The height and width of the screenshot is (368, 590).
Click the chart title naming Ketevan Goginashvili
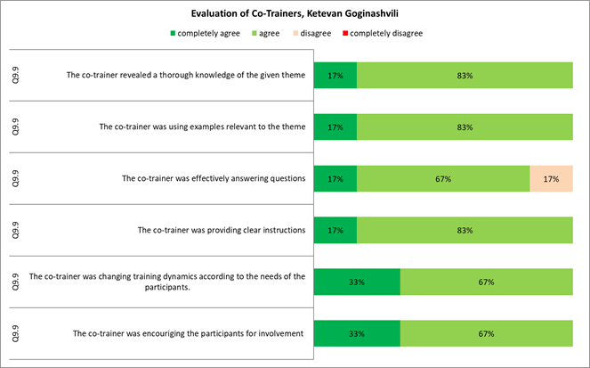295,14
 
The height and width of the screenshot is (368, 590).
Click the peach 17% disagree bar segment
551,178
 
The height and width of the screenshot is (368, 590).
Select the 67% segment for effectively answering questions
443,178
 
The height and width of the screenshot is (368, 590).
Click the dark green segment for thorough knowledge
335,76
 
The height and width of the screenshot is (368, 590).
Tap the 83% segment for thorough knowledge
465,76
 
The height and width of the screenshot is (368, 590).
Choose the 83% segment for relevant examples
465,127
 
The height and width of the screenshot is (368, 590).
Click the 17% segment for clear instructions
335,230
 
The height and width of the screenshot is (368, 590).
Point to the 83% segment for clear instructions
465,230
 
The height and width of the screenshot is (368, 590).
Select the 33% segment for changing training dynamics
358,282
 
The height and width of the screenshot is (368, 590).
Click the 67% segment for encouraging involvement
486,333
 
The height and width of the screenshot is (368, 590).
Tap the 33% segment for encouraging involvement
358,333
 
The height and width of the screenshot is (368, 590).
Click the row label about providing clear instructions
222,230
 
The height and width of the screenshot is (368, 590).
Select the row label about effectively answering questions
214,178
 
